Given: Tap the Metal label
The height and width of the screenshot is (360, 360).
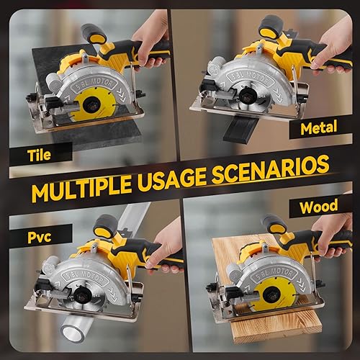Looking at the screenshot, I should [319, 129].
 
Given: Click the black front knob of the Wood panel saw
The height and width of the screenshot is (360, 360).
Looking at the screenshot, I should [274, 224].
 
